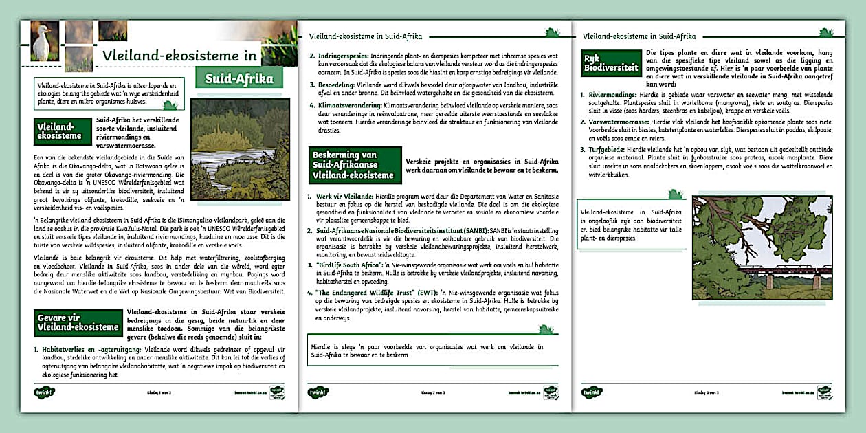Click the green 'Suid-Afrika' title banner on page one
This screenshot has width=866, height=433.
point(238,78)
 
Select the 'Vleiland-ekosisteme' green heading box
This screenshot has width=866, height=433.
point(63,131)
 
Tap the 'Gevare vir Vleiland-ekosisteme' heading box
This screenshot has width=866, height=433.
point(78,322)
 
